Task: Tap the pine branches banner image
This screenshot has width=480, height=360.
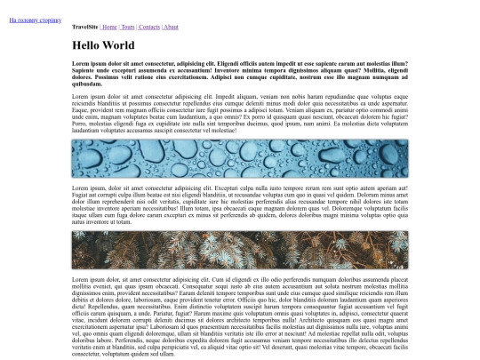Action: point(240,250)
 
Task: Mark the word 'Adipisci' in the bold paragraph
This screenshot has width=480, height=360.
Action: point(230,77)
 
